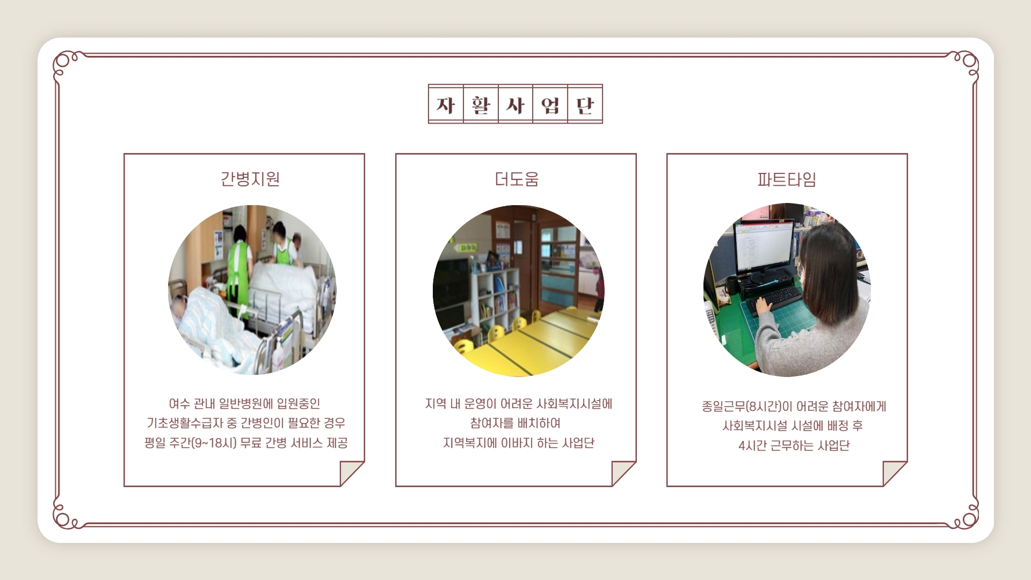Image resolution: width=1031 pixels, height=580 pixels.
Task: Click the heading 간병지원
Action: [x=250, y=179]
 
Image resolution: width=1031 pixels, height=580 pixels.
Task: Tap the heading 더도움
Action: [x=517, y=179]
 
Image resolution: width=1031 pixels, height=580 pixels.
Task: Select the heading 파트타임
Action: [x=787, y=179]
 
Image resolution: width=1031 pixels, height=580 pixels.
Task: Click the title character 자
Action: [x=446, y=105]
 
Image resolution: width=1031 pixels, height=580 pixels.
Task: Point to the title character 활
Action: [x=481, y=105]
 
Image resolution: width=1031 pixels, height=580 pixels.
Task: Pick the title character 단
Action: [x=585, y=105]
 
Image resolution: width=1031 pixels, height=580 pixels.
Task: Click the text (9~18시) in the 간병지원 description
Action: [x=214, y=443]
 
